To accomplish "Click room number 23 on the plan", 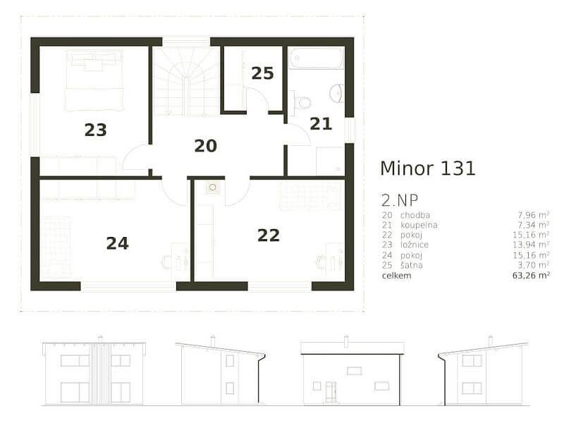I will point(95,130).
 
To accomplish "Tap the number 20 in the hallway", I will point(205,146).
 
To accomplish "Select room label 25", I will point(262,73).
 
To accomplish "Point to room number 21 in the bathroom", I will point(321,124).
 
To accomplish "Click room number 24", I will point(117,243).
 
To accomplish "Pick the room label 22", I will point(269,235).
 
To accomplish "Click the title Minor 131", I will point(427,168).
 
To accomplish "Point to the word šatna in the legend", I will point(412,265).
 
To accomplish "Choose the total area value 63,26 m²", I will point(533,276).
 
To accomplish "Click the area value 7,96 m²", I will point(535,214).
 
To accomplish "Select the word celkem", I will point(396,276).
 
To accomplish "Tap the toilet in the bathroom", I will point(302,103).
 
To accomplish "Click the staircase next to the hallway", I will point(186,81).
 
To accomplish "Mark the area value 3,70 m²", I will point(535,265).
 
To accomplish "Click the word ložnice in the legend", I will point(415,245).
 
